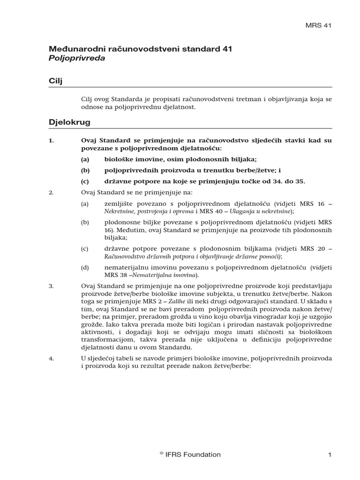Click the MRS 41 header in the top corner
[x=318, y=26]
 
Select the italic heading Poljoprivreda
[x=77, y=58]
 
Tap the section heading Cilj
[x=56, y=81]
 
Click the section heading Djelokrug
[x=69, y=122]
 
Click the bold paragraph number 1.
[x=52, y=140]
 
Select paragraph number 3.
[x=51, y=285]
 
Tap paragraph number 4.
[x=51, y=358]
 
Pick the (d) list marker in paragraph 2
[x=84, y=267]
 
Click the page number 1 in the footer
[x=330, y=454]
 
